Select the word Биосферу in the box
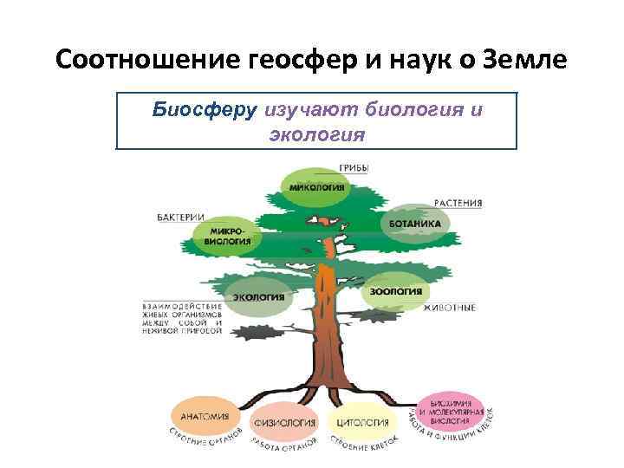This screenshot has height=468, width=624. (x=204, y=111)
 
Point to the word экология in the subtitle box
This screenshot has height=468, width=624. (x=317, y=135)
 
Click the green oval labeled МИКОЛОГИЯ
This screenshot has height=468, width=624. (x=316, y=187)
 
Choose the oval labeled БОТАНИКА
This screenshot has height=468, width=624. (x=414, y=224)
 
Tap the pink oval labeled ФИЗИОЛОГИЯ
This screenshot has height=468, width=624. (x=283, y=423)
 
